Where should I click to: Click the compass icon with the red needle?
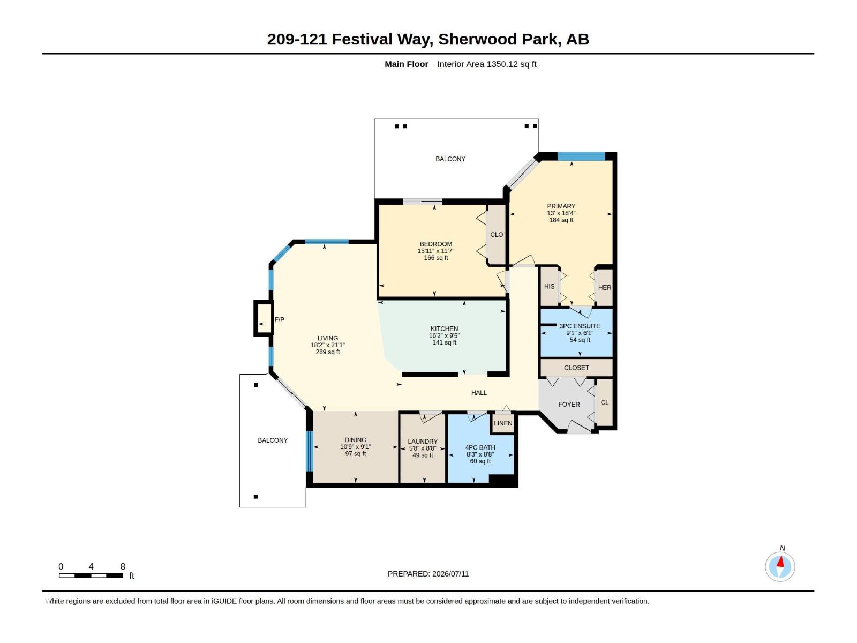pos(780,567)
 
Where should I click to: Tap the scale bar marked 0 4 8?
pos(91,575)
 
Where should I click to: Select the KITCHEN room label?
pos(445,328)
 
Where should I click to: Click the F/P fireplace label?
pos(280,320)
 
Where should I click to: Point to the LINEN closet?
pos(503,423)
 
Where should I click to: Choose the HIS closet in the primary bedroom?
pos(550,287)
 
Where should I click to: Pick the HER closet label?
pos(605,288)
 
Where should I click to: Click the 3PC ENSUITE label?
pos(580,326)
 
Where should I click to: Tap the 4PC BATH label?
pos(480,448)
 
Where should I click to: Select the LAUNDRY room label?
pos(423,442)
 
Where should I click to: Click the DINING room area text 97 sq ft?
pos(356,454)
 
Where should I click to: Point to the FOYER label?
pos(569,405)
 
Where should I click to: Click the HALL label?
pos(479,393)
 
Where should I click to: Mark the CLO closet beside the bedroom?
pos(497,235)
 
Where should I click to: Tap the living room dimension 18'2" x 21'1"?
pos(328,345)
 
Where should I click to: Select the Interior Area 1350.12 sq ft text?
pos(487,64)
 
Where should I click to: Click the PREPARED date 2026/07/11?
pos(450,574)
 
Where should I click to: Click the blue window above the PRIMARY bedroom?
pos(581,156)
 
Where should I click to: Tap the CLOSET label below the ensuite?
pos(576,368)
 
